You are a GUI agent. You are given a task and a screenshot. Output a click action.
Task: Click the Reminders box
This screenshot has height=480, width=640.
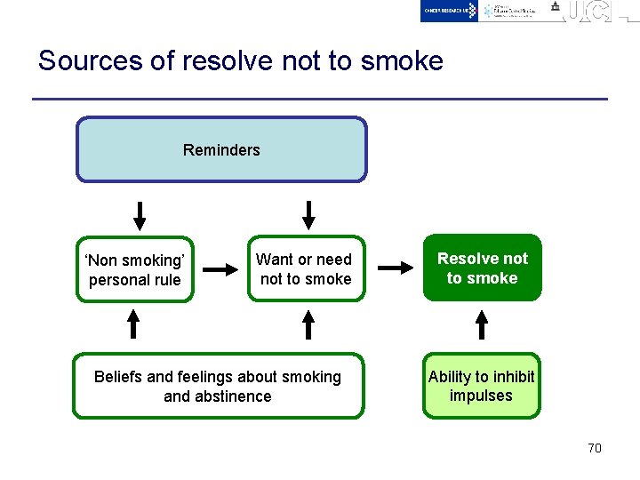tap(221, 149)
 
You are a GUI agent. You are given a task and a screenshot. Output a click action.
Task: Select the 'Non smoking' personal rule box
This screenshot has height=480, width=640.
tap(135, 269)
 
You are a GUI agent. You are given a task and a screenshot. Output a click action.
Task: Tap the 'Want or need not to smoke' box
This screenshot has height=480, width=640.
tap(305, 268)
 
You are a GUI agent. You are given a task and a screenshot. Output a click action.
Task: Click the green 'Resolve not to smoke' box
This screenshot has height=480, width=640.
tap(482, 268)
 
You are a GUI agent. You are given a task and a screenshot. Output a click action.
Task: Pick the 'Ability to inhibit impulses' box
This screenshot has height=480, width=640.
tap(481, 386)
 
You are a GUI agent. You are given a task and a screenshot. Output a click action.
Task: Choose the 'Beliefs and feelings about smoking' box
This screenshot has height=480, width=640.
tap(218, 387)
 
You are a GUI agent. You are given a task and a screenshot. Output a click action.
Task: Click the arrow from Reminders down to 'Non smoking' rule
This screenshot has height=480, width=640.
tap(140, 216)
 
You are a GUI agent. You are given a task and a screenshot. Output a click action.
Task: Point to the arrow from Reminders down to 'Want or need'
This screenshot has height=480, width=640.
tap(308, 215)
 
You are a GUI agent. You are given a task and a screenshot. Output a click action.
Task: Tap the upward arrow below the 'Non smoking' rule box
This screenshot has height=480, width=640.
tap(133, 324)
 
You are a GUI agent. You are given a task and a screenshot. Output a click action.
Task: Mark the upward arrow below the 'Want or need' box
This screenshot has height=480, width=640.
tap(308, 324)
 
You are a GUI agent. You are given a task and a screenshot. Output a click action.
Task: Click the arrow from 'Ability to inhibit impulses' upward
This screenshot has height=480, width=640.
tap(482, 324)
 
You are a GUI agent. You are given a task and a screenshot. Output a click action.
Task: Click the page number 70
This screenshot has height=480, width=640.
tap(595, 448)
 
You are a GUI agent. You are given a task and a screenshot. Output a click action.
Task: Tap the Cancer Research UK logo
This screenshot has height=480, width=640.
tap(450, 10)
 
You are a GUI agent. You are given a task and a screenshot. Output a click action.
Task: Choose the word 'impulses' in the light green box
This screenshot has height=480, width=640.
tap(481, 396)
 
